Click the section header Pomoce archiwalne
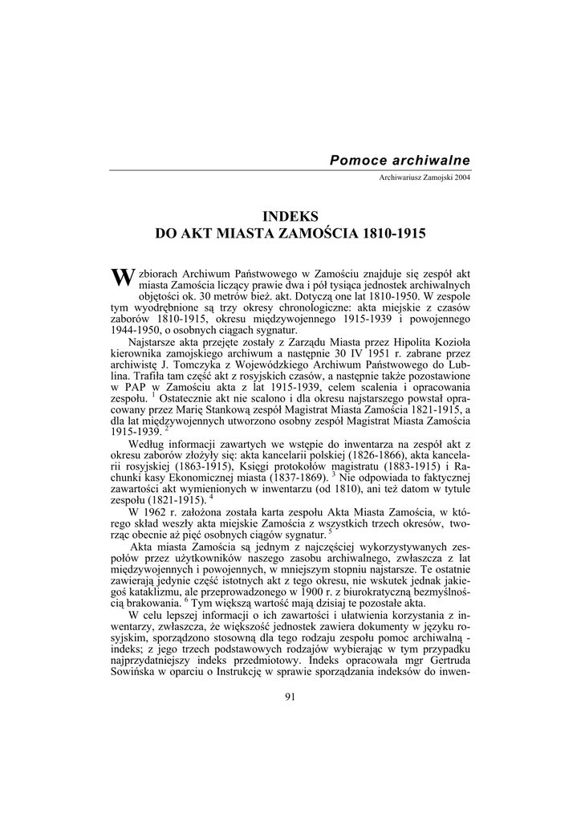400,161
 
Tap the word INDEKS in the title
291,216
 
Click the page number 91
290,696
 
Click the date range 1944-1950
136,329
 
